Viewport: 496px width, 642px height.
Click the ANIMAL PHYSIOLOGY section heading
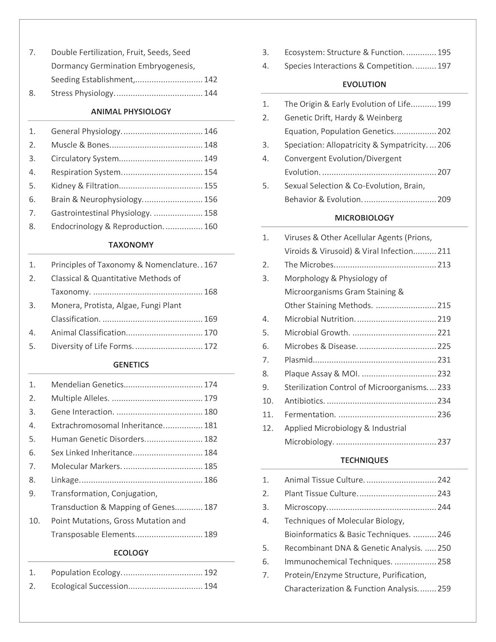tap(131, 112)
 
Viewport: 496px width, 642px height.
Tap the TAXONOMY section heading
tap(131, 245)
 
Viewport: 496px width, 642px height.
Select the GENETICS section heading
tap(131, 365)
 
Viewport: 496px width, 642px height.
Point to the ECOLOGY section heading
tap(131, 553)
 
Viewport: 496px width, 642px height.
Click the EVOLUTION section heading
tap(364, 85)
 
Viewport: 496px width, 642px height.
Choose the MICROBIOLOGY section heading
tap(364, 218)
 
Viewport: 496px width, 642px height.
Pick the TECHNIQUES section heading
tap(364, 461)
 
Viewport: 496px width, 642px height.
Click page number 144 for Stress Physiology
tap(211, 93)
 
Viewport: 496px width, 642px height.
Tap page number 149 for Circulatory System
tap(211, 159)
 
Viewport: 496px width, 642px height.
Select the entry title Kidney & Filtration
tap(85, 186)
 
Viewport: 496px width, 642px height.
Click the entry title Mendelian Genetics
tap(87, 385)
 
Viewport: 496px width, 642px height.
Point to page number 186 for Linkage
tap(211, 480)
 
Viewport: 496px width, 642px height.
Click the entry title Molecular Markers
tap(86, 467)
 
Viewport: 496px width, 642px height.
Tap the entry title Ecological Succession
tap(89, 586)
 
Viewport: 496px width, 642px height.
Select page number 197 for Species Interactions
tap(444, 66)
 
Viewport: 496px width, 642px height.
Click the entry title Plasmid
tap(299, 360)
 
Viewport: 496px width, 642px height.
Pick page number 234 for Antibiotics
tap(444, 401)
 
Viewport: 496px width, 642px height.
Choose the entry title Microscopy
tap(306, 507)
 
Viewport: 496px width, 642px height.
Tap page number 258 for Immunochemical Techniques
tap(444, 562)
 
